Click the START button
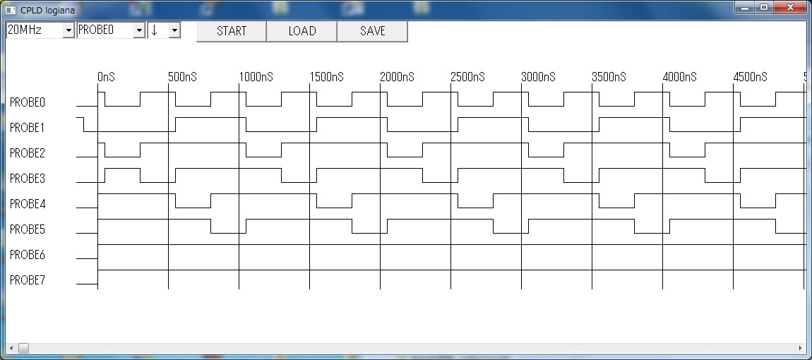point(232,31)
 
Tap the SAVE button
point(372,31)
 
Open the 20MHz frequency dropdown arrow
point(68,30)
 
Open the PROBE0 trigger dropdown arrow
point(139,30)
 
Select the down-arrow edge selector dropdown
point(164,30)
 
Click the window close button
point(790,7)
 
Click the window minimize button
point(745,7)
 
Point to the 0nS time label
point(106,77)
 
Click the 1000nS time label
point(256,77)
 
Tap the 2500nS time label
point(467,77)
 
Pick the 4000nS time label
point(679,77)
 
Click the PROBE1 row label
point(28,128)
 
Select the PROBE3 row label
point(28,179)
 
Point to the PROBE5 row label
point(28,229)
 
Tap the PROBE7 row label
point(28,280)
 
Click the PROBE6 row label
point(28,255)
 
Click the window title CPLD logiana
point(47,10)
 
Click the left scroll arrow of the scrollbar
point(11,348)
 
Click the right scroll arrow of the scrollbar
point(801,348)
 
